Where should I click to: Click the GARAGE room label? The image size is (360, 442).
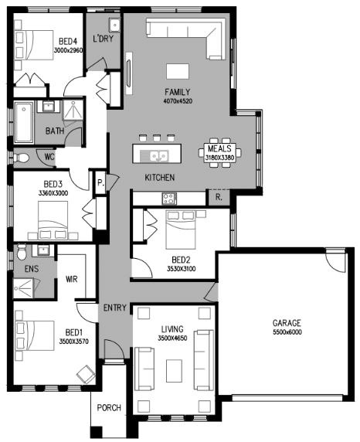pos(287,323)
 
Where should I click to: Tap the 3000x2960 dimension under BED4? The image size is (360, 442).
pos(68,50)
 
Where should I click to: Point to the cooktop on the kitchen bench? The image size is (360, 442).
pos(169,199)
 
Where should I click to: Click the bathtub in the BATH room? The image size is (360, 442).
pos(24,122)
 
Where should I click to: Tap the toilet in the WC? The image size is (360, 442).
pos(21,158)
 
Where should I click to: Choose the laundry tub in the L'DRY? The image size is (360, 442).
pos(115,25)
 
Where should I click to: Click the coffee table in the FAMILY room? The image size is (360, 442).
pos(178,71)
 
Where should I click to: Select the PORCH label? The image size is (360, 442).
pos(109,407)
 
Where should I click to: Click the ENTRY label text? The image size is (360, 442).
pos(114,308)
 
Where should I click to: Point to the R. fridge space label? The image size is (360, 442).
pos(219,197)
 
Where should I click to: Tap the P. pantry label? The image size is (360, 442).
pos(100,182)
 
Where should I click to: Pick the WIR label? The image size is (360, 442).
pos(71,279)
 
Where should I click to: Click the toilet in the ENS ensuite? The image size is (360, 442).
pos(22,252)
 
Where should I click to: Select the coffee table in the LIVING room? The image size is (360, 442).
pos(174,371)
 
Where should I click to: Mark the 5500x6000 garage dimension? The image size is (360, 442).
pos(287,332)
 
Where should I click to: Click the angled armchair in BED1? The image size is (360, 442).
pos(86,374)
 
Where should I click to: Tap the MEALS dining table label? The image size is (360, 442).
pos(219,148)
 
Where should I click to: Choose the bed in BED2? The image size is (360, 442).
pos(181,229)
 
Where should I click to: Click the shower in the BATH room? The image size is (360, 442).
pos(73,110)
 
